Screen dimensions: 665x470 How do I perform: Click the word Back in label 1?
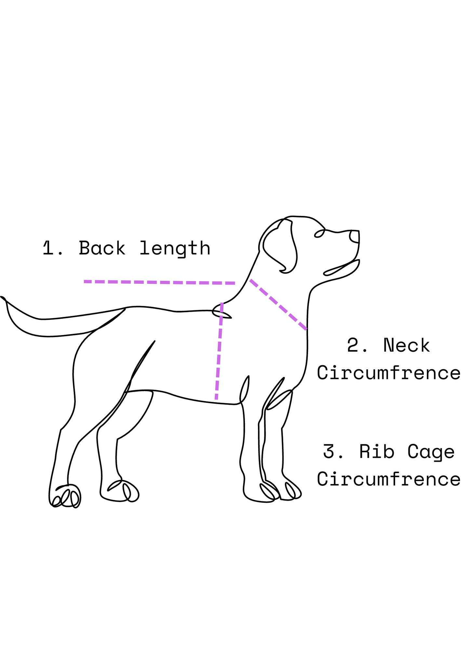click(102, 249)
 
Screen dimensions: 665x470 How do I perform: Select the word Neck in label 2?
click(406, 346)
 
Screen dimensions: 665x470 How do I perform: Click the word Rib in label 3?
click(376, 452)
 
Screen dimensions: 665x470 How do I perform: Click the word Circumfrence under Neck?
click(389, 373)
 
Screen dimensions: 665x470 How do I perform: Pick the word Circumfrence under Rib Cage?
click(389, 479)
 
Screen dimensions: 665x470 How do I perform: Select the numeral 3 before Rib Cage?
click(329, 452)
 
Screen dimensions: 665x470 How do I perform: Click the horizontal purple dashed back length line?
click(159, 282)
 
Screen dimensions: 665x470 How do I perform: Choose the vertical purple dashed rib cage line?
click(219, 351)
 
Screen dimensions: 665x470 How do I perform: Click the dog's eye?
click(319, 233)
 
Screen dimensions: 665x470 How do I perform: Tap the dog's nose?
click(355, 237)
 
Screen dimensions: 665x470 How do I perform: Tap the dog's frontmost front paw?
click(293, 491)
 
